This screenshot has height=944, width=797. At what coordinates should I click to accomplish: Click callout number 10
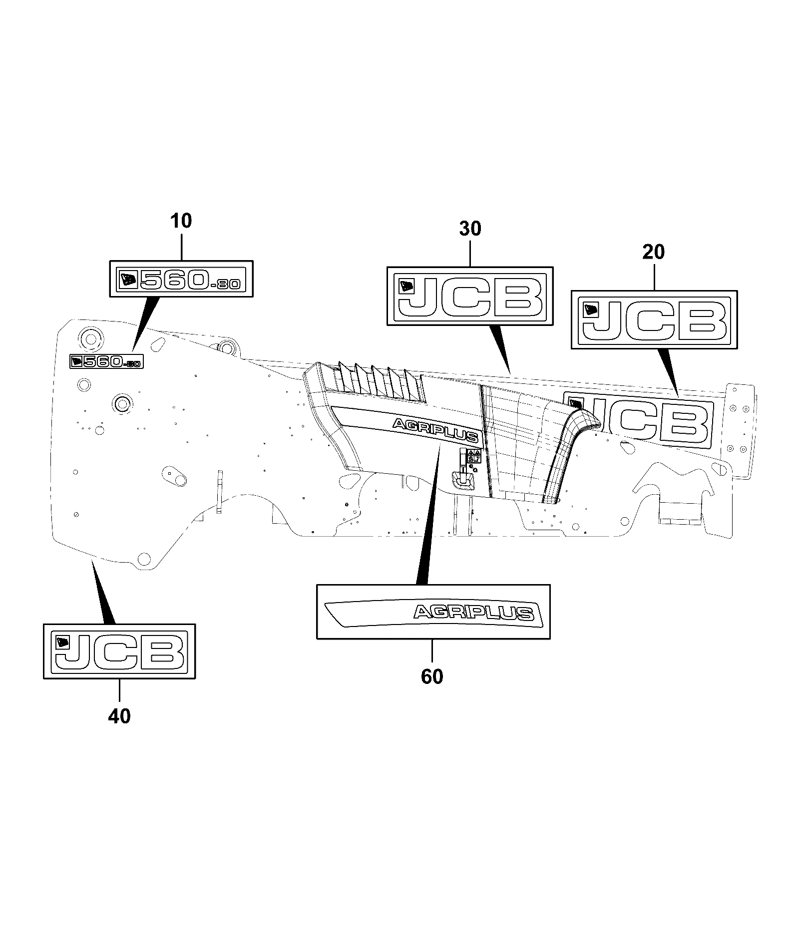[x=181, y=221]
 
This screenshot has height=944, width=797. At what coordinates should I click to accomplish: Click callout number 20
[x=654, y=253]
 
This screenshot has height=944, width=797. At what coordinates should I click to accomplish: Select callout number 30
[x=470, y=229]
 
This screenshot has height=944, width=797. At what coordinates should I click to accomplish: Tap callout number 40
[x=119, y=716]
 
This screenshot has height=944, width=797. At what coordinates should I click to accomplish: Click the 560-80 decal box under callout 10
[x=181, y=279]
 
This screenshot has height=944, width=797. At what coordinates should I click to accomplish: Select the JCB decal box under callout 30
[x=470, y=296]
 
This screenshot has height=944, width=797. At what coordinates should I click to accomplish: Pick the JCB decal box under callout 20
[x=654, y=319]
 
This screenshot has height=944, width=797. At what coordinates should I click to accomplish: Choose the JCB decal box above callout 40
[x=119, y=651]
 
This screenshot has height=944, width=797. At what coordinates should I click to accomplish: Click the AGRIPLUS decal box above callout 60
[x=433, y=612]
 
